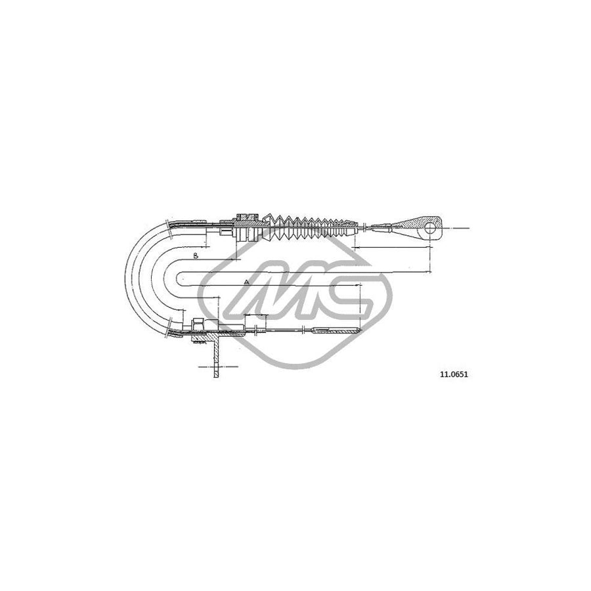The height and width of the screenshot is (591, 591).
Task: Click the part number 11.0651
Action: click(x=445, y=374)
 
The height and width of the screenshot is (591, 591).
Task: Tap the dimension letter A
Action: click(x=246, y=282)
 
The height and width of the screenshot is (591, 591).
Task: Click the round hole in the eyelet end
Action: click(x=431, y=229)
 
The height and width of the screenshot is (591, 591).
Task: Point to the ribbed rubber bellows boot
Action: click(x=311, y=226)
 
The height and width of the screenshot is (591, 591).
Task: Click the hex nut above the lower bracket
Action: click(x=196, y=323)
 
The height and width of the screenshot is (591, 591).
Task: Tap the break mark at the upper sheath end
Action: click(x=170, y=227)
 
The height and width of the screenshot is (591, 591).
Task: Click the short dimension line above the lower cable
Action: click(x=256, y=315)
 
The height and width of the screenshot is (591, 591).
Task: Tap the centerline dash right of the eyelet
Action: click(x=462, y=229)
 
